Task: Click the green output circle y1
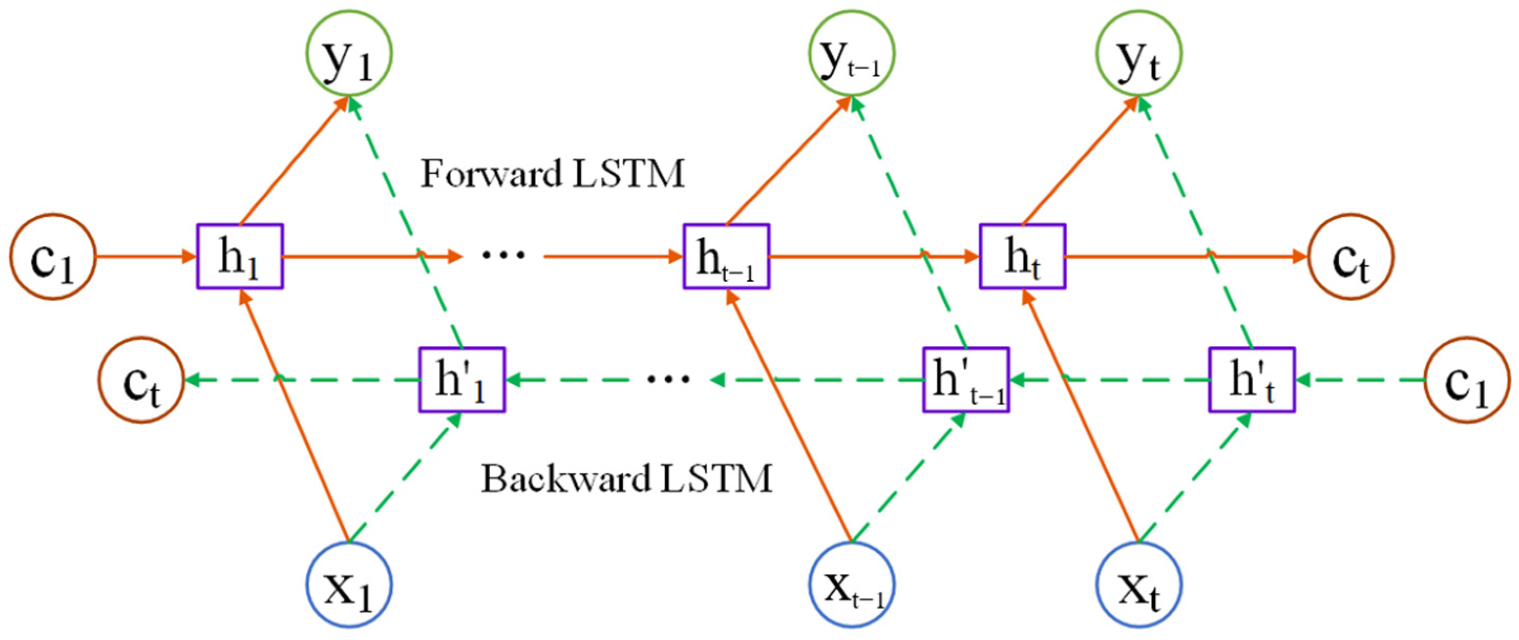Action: pyautogui.click(x=349, y=53)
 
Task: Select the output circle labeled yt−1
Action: pyautogui.click(x=852, y=53)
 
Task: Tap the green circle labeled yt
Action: pyautogui.click(x=1139, y=53)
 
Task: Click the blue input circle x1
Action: pyautogui.click(x=349, y=584)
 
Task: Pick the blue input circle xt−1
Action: pyautogui.click(x=852, y=584)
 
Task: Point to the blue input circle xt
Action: pyautogui.click(x=1139, y=584)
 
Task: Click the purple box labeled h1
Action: pyautogui.click(x=239, y=257)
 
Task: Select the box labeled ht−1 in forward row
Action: pyautogui.click(x=726, y=257)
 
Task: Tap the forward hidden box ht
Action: pyautogui.click(x=1023, y=257)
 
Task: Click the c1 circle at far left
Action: pyautogui.click(x=52, y=257)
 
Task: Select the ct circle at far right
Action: pyautogui.click(x=1351, y=257)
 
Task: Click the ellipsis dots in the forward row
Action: pyautogui.click(x=503, y=255)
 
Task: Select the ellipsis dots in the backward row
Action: pyautogui.click(x=667, y=379)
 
